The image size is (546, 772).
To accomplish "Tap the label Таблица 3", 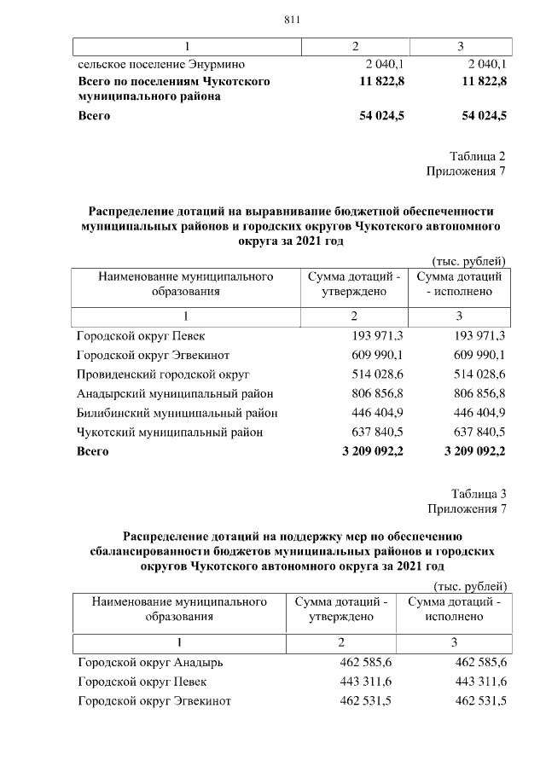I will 479,495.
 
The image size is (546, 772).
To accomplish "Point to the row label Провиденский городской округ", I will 162,374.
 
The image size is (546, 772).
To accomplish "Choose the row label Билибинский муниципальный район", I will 177,413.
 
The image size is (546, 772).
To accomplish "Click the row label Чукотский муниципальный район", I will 170,432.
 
